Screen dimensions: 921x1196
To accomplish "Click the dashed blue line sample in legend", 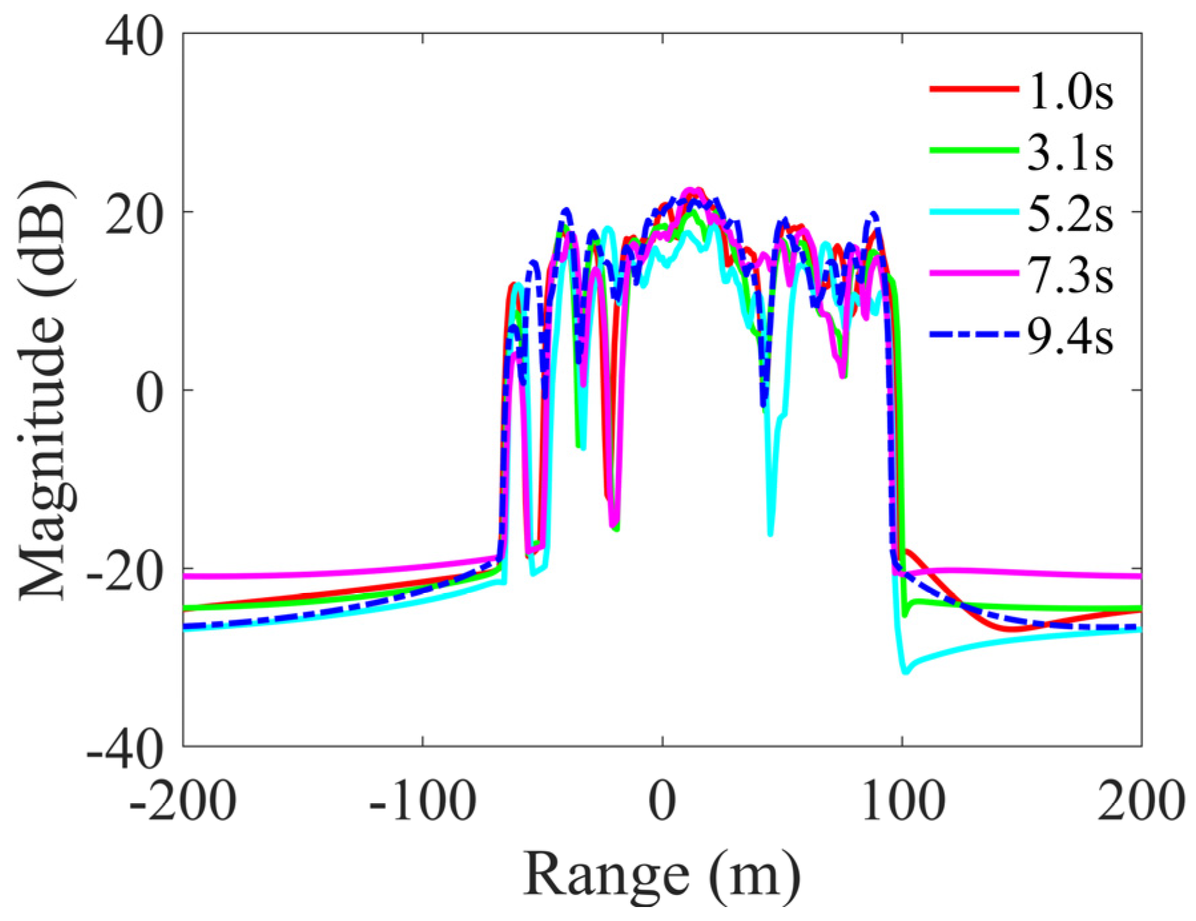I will [x=974, y=335].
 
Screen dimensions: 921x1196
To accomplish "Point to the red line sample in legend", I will [x=974, y=89].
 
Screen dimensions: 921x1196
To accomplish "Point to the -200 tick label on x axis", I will [x=182, y=800].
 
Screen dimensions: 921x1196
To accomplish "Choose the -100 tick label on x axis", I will [x=422, y=800].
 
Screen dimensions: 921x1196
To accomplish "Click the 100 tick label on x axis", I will [x=902, y=800].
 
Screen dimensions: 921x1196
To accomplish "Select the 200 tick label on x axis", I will [x=1141, y=800].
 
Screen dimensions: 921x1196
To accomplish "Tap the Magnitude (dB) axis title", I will [x=45, y=391].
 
